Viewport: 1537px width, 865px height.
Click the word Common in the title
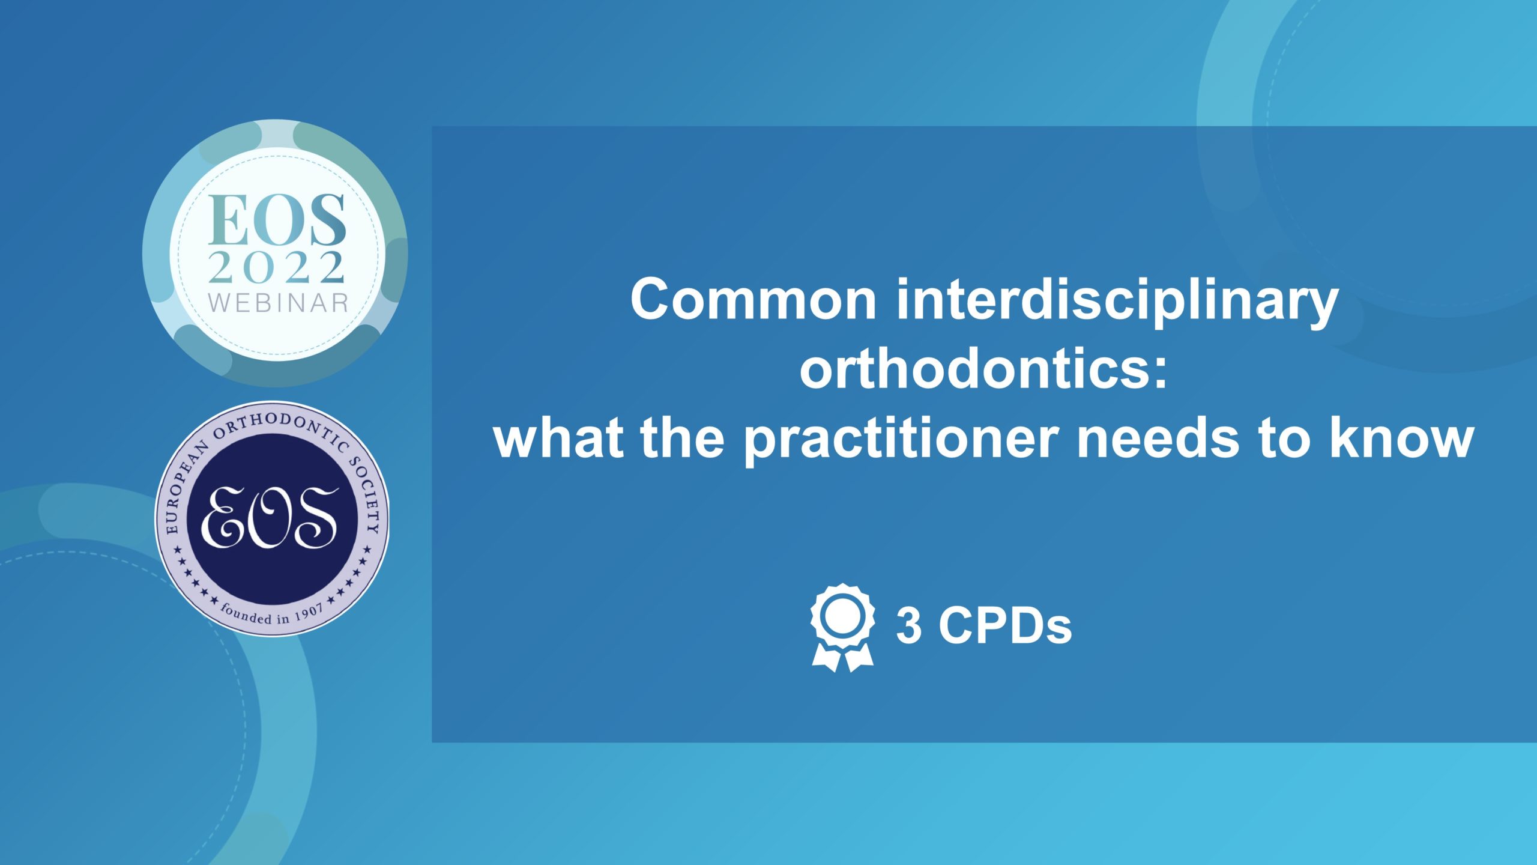753,299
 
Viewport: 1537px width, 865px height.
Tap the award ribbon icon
842,627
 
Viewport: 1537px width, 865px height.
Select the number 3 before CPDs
909,626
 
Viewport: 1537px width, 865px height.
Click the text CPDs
1005,626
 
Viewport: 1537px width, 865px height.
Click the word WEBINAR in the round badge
278,303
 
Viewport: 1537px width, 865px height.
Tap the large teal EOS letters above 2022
277,220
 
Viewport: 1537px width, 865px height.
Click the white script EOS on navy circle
269,517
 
